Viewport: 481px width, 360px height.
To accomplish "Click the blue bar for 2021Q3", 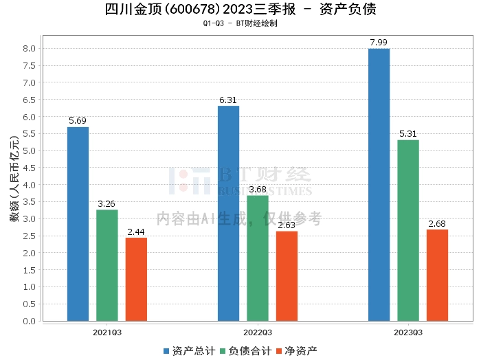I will click(78, 224).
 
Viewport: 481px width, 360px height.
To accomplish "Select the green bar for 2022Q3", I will click(258, 258).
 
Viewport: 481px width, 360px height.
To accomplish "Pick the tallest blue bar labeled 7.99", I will click(379, 185).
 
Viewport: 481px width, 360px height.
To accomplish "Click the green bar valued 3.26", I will click(107, 265).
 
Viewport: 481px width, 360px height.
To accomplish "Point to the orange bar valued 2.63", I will click(287, 276).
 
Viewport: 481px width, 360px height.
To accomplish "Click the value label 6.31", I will click(228, 100).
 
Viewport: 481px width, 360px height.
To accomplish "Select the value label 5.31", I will click(407, 134).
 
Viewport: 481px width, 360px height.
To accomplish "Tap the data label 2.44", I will click(136, 232).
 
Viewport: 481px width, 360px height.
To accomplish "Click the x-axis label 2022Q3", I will click(258, 333).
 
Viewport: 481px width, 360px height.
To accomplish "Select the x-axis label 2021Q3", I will click(108, 333).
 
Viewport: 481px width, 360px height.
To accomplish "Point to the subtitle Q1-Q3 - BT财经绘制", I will click(240, 23).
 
